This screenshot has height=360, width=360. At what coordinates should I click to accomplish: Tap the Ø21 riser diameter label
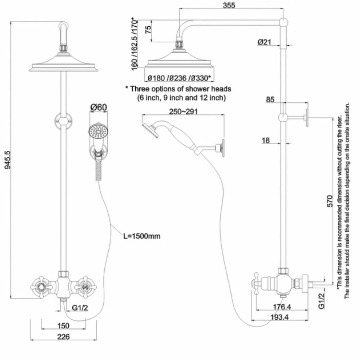pos(265,42)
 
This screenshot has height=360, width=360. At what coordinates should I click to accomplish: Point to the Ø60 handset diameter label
pos(98,107)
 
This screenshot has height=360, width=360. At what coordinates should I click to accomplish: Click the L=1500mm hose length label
pos(142,236)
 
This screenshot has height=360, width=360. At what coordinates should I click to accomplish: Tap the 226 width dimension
pos(63,336)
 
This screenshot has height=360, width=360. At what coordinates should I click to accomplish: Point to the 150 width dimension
pos(63,326)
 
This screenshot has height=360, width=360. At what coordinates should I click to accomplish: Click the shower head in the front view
pos(63,66)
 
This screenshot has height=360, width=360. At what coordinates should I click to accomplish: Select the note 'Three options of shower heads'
pos(178,89)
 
